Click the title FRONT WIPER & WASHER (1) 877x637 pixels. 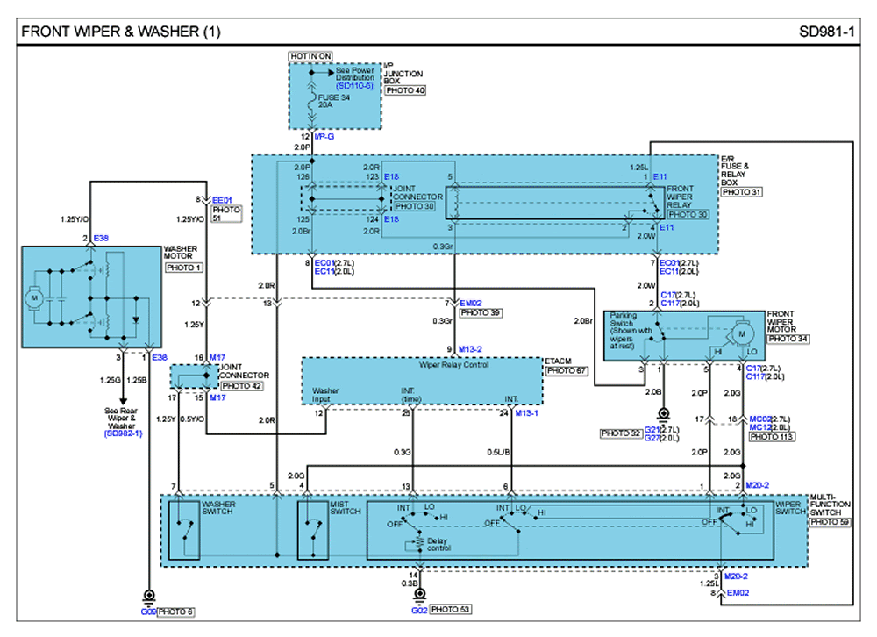pos(120,32)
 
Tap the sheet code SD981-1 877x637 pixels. pos(826,32)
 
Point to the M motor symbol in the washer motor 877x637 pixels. pos(36,298)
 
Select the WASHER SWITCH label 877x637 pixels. pos(218,508)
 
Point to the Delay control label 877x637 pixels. pos(438,545)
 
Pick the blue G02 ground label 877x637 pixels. pos(418,609)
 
